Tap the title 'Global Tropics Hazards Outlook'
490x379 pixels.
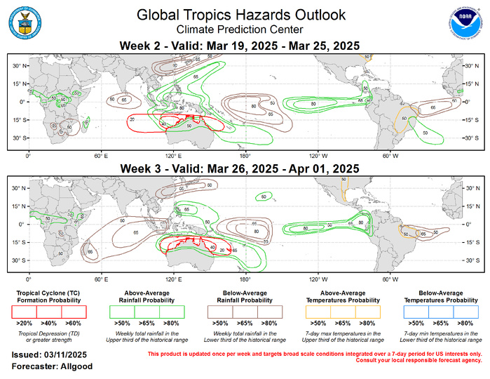241,15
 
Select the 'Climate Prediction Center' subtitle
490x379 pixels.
241,29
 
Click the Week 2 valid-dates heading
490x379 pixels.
241,46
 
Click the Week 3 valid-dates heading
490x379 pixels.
241,168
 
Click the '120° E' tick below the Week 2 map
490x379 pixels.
173,154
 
